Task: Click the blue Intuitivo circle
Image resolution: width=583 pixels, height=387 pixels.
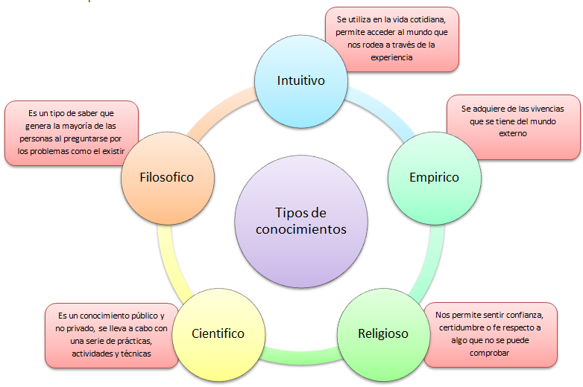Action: click(x=300, y=80)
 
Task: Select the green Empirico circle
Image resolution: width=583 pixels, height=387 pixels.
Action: click(x=434, y=177)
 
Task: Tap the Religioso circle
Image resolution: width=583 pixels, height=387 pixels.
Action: click(x=382, y=333)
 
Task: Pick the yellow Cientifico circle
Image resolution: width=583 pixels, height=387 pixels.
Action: click(x=218, y=333)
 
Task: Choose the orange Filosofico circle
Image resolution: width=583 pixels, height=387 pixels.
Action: click(x=167, y=177)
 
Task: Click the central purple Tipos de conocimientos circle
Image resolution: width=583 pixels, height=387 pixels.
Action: click(x=300, y=220)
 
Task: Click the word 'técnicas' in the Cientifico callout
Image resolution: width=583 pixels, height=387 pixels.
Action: click(x=134, y=354)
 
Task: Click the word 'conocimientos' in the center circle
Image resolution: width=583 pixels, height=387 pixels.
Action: click(x=300, y=229)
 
